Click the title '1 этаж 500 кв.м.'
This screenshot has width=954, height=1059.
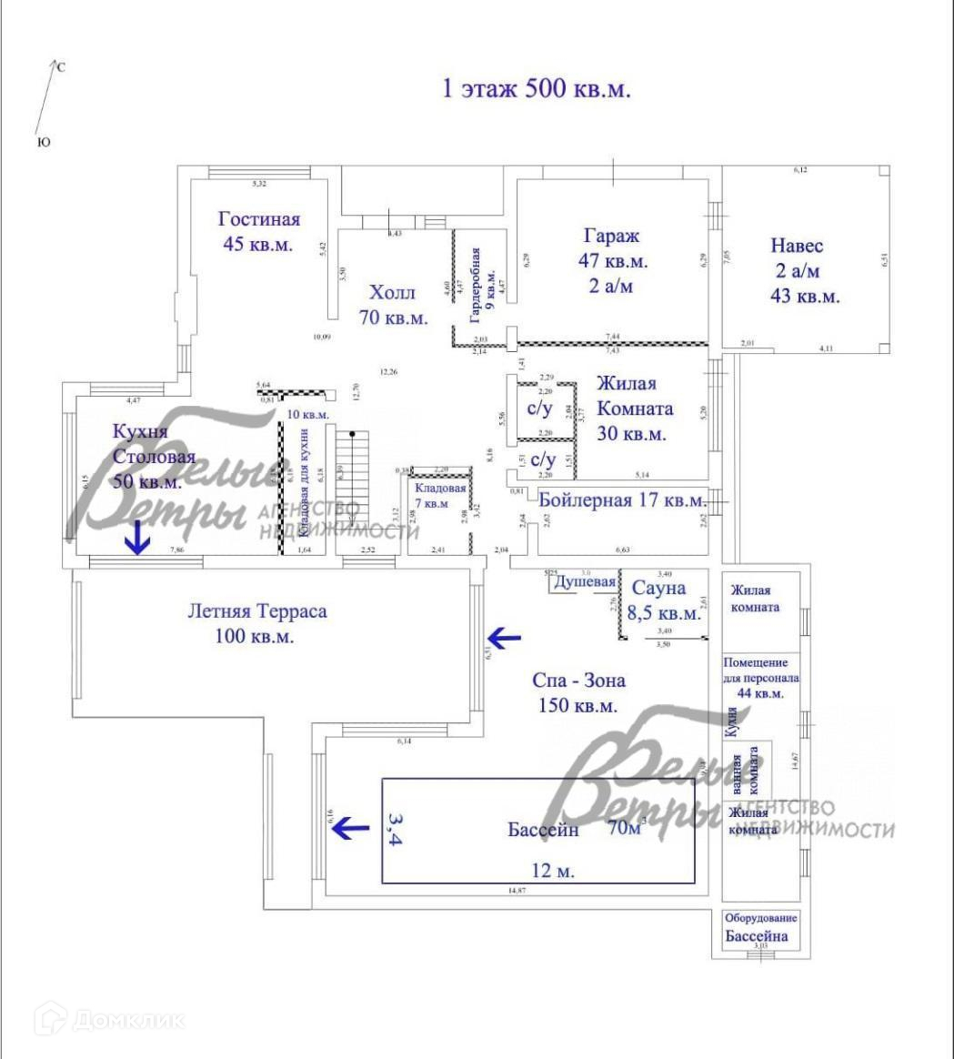coord(536,89)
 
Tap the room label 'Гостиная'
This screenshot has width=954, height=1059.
coord(259,219)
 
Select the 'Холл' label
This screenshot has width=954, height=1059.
coord(392,293)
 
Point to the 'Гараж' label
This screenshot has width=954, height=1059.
coord(612,236)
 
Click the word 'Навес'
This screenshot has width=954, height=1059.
coord(797,246)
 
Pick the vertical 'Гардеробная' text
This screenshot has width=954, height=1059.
coord(475,286)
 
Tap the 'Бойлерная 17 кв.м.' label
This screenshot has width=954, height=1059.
coord(622,499)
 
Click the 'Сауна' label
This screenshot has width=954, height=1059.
coord(659,588)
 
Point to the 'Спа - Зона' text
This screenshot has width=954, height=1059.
coord(578,680)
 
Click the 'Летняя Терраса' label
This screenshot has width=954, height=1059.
coord(256,610)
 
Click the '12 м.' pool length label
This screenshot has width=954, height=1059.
coord(553,871)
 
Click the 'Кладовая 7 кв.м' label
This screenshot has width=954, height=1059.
coord(439,496)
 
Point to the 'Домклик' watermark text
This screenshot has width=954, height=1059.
coord(127,1020)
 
